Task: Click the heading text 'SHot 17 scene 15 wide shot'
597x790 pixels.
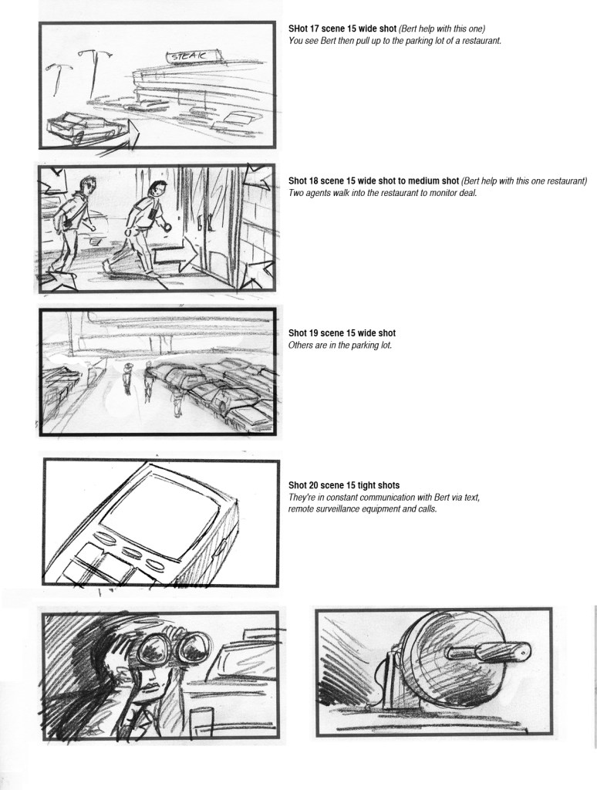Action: (x=342, y=29)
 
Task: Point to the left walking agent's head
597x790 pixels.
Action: (x=87, y=185)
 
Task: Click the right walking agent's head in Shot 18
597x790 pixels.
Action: (x=159, y=189)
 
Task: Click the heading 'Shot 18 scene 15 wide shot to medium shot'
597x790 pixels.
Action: (x=374, y=181)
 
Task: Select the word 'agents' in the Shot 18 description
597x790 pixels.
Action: (x=320, y=193)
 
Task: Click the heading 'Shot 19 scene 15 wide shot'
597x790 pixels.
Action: (x=342, y=333)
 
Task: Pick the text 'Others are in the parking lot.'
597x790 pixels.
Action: (x=340, y=346)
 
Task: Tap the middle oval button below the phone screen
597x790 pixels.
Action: (x=130, y=552)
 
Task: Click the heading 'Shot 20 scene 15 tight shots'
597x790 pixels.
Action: (x=344, y=486)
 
